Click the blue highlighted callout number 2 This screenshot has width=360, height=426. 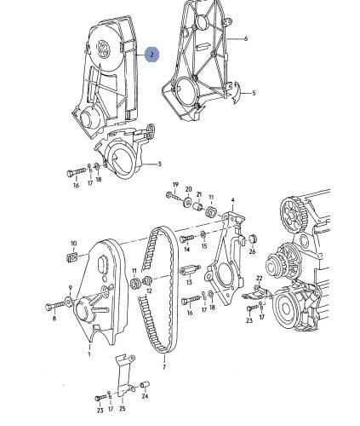click(152, 55)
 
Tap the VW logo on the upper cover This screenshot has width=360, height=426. click(104, 49)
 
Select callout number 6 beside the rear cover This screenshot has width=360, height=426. click(246, 38)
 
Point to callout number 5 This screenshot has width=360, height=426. click(254, 93)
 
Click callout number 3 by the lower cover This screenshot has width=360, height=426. click(159, 164)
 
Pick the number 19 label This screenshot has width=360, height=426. click(175, 185)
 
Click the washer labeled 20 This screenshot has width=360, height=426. click(187, 201)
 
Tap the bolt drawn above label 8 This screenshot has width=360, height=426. click(55, 306)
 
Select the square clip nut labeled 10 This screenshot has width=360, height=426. click(73, 257)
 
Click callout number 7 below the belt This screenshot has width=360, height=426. click(164, 367)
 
